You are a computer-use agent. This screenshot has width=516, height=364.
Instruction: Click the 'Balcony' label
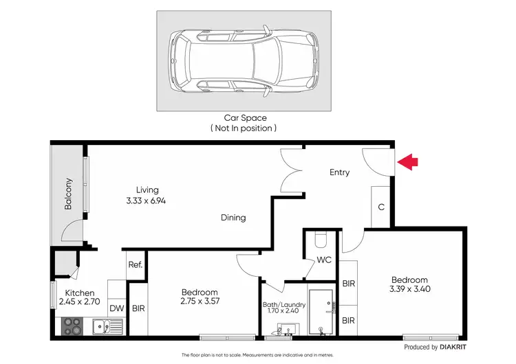pos(68,194)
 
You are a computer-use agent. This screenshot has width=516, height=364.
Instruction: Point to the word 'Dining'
pos(233,218)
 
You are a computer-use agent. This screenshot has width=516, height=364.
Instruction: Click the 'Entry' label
pos(339,172)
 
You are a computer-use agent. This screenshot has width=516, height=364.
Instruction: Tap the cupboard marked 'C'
pos(380,207)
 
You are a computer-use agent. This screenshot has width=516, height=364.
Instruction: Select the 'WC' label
pos(324,260)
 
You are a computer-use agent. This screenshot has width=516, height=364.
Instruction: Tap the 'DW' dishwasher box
pos(117,308)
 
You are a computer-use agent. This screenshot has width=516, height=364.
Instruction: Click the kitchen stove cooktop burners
pos(72,327)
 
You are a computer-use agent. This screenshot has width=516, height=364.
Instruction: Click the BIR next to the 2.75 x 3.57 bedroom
pos(138,308)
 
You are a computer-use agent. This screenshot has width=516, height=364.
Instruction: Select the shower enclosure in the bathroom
pos(321,313)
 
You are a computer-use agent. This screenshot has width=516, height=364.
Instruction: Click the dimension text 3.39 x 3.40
pos(409,289)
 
